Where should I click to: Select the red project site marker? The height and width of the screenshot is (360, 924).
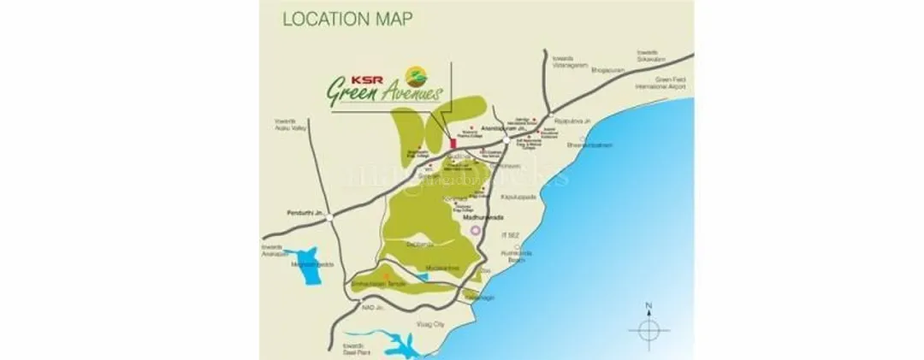click(x=453, y=143)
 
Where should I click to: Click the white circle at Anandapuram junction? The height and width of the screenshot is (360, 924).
click(x=506, y=139)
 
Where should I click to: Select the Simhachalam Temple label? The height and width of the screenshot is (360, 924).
click(x=383, y=281)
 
